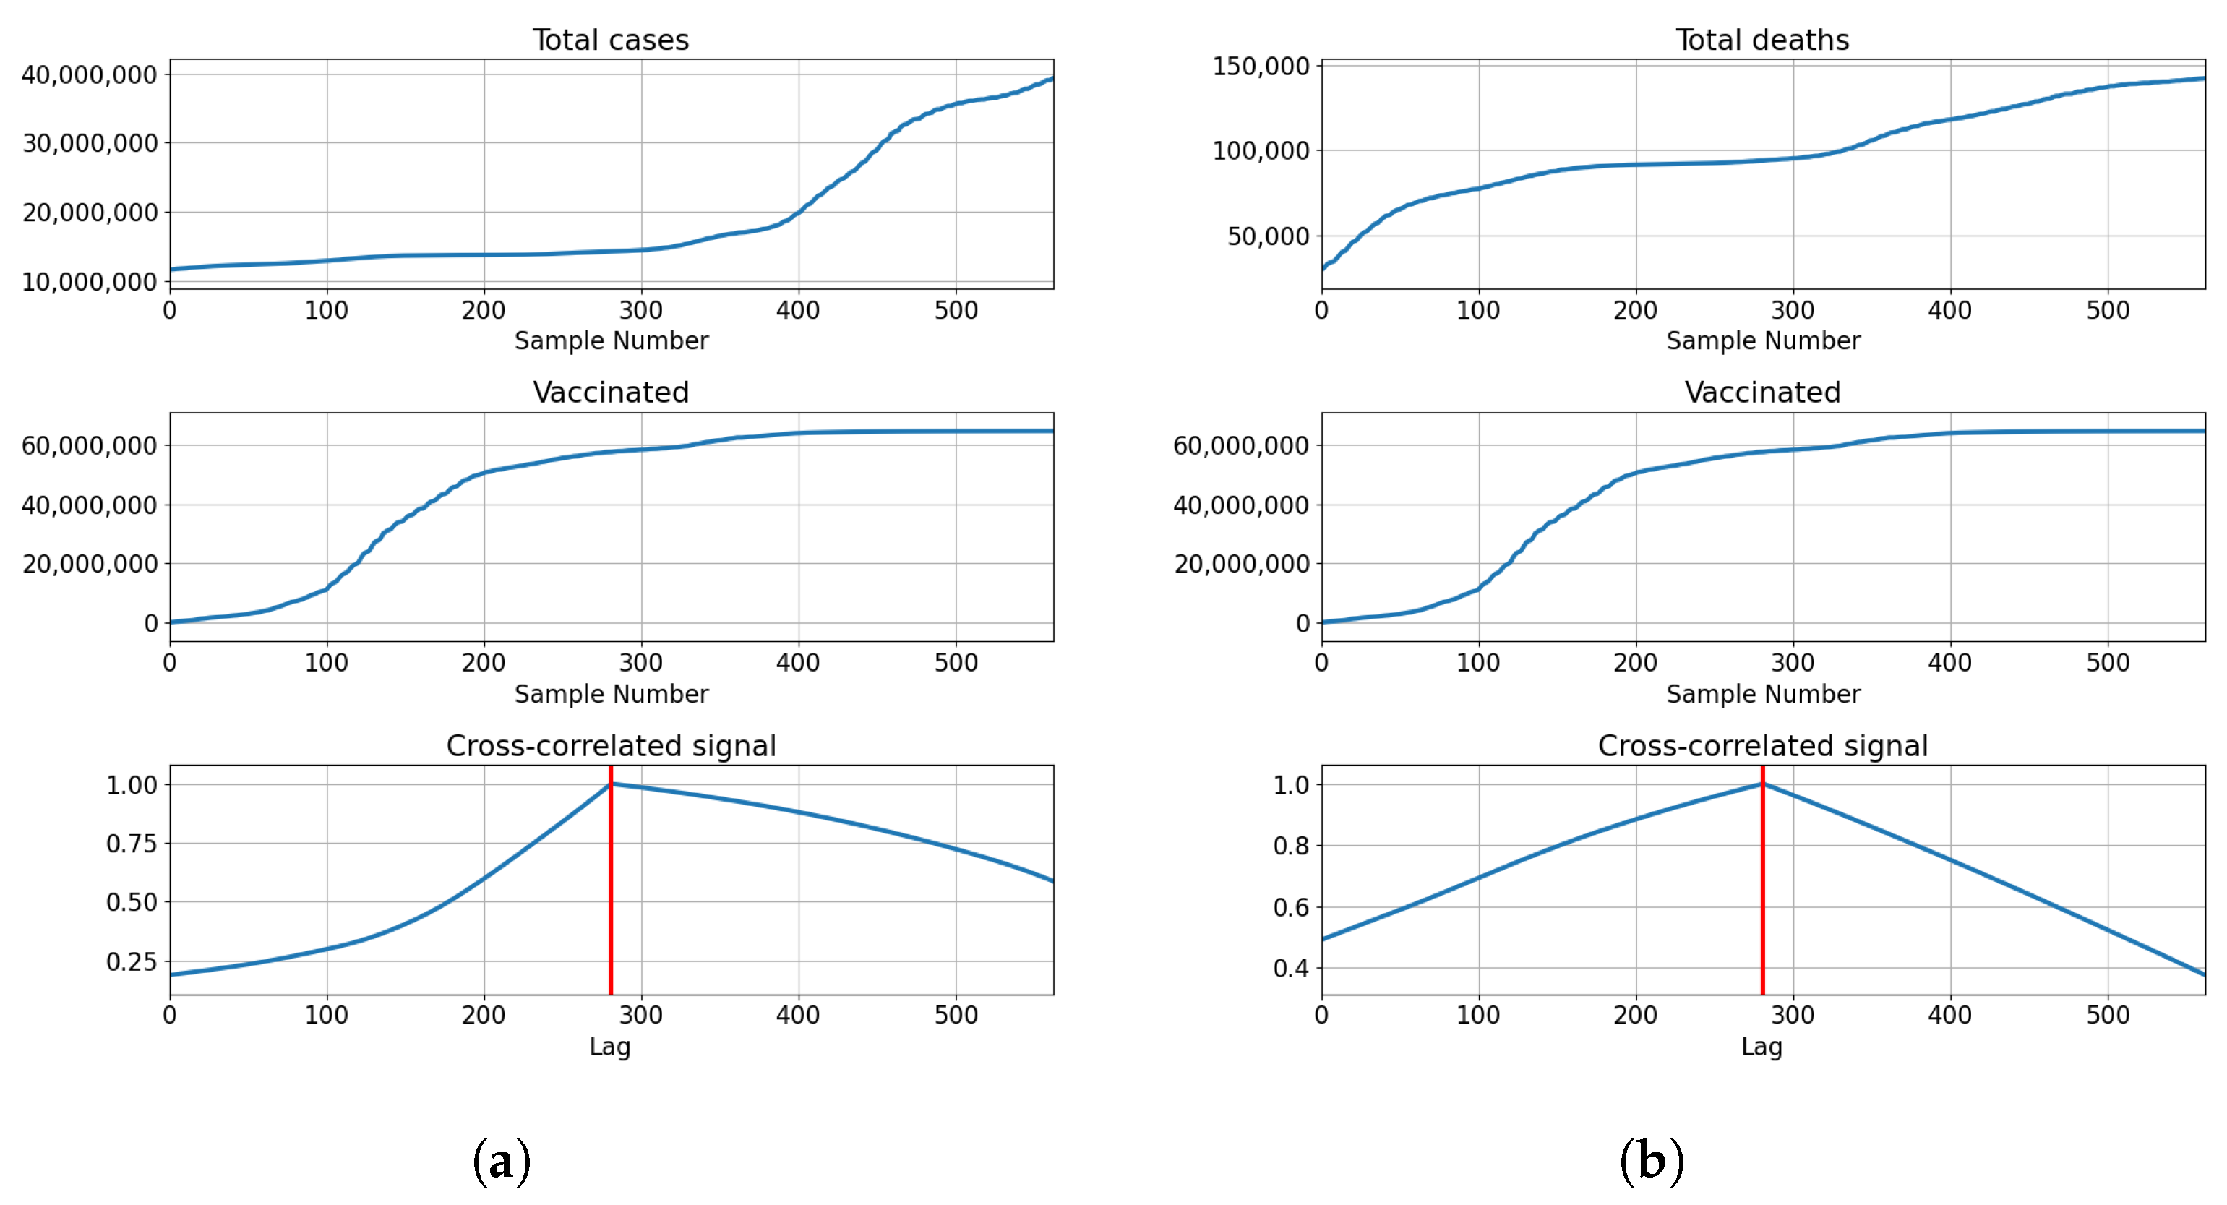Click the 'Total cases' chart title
(x=610, y=40)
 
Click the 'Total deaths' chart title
(x=1762, y=40)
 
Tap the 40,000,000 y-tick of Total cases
(x=89, y=75)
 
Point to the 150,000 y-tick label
(x=1261, y=67)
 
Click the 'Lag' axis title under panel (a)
(x=609, y=1047)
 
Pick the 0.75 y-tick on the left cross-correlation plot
(x=132, y=844)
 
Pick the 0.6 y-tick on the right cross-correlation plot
(x=1291, y=908)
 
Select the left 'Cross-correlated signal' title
(x=610, y=746)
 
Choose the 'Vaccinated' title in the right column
(x=1762, y=393)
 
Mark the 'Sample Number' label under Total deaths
(x=1762, y=340)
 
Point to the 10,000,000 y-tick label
(x=89, y=282)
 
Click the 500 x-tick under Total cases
(x=956, y=310)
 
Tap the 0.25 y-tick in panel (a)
(x=132, y=961)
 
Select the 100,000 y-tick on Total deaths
(x=1261, y=151)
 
